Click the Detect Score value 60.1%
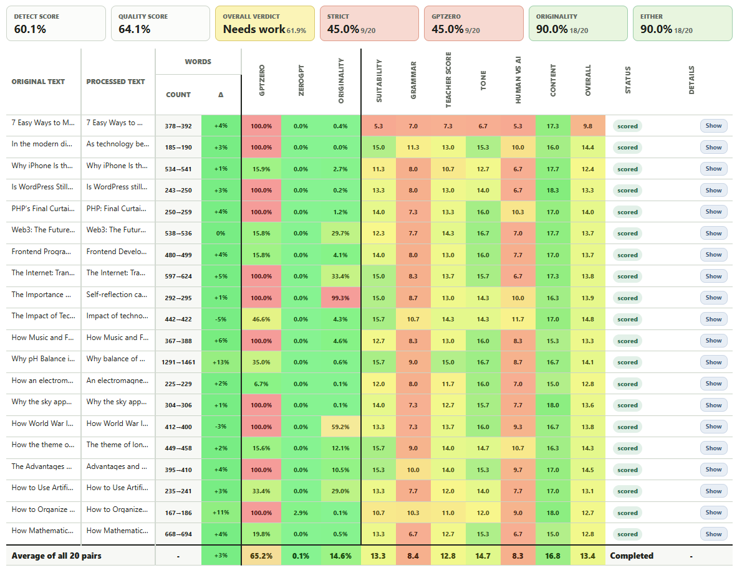30,29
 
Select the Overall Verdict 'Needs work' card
264,24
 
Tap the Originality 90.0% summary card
578,24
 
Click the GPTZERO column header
262,81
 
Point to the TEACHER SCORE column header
448,80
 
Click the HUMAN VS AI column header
518,80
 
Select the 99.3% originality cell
340,298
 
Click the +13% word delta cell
221,362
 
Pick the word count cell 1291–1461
178,362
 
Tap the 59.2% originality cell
340,427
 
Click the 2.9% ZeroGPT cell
301,513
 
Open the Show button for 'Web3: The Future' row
713,234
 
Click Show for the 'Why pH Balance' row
713,362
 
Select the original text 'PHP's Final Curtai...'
43,209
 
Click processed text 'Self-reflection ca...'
117,295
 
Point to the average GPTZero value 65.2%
261,556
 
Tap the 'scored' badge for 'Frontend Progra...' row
627,255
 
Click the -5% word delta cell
221,319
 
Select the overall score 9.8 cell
587,126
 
